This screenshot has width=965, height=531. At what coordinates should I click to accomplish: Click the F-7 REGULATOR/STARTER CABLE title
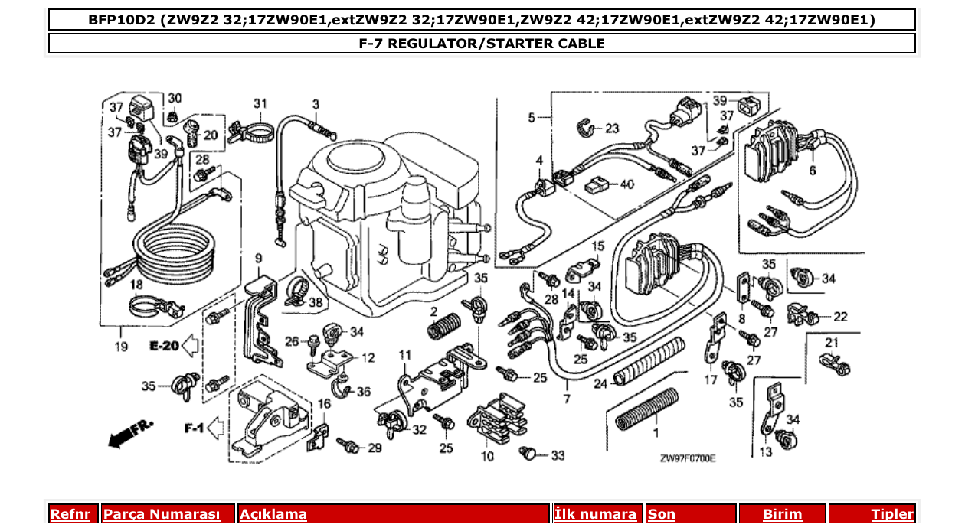pyautogui.click(x=482, y=44)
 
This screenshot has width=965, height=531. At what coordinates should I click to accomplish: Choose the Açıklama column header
pyautogui.click(x=273, y=514)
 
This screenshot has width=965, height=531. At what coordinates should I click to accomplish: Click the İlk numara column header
pyautogui.click(x=595, y=514)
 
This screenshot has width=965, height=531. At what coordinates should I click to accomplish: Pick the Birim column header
pyautogui.click(x=782, y=514)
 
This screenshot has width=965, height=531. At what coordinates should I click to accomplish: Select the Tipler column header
pyautogui.click(x=892, y=514)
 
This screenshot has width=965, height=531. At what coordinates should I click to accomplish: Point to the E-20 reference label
pyautogui.click(x=163, y=347)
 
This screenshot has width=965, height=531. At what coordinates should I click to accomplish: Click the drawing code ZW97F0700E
pyautogui.click(x=687, y=458)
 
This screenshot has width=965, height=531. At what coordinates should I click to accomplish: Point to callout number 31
pyautogui.click(x=260, y=103)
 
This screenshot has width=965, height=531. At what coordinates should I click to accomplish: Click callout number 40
pyautogui.click(x=627, y=184)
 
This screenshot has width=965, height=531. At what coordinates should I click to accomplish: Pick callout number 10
pyautogui.click(x=487, y=456)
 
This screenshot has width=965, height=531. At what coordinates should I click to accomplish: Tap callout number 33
pyautogui.click(x=557, y=455)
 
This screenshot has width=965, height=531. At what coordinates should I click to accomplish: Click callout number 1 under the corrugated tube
pyautogui.click(x=655, y=433)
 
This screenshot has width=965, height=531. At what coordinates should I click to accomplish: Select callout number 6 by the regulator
pyautogui.click(x=812, y=171)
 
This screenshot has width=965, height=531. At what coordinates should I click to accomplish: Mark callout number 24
pyautogui.click(x=600, y=383)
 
